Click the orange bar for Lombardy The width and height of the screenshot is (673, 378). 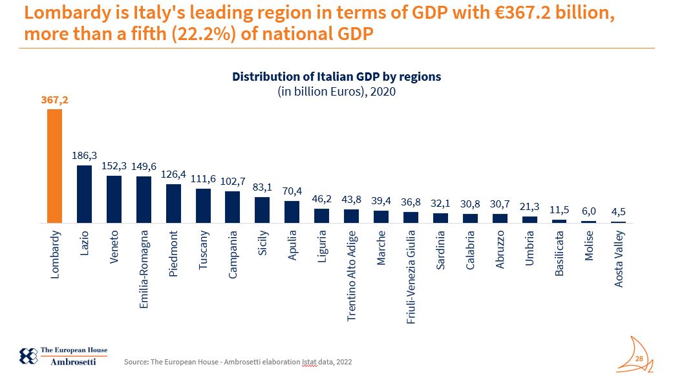click(54, 166)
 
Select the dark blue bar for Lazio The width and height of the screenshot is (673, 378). click(84, 194)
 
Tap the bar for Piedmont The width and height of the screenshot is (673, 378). click(173, 204)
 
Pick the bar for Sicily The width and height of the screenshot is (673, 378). click(262, 210)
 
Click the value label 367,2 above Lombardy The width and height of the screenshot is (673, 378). click(54, 101)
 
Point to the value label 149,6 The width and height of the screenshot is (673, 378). click(144, 166)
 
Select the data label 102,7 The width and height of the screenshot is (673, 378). click(232, 181)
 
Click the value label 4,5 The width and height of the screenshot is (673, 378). click(618, 211)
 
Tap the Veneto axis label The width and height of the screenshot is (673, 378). click(114, 244)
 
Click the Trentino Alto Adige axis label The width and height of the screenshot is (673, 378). click(351, 275)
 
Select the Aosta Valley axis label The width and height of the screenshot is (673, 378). click(619, 258)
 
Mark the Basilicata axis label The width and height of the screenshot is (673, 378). click(559, 253)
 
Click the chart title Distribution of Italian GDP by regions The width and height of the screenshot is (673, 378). click(336, 76)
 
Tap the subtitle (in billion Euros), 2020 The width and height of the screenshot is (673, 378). click(336, 91)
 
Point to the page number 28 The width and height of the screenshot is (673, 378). click(639, 359)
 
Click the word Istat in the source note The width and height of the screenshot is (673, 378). click(309, 362)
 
